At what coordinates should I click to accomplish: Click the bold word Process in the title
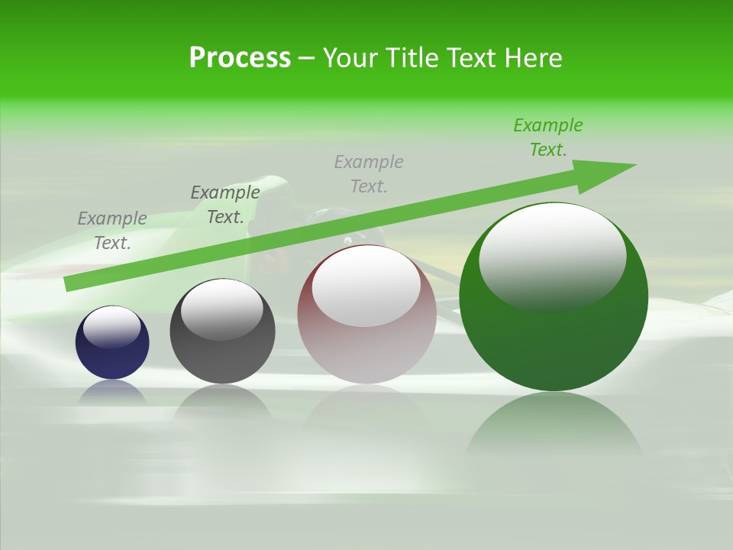240,58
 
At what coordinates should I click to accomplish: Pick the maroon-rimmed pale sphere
366,351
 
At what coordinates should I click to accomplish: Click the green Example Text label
548,137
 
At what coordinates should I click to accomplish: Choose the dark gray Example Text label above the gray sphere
225,205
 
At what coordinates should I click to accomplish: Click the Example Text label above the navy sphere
112,231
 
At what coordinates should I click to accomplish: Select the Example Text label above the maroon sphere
369,174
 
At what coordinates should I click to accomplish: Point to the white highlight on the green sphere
552,256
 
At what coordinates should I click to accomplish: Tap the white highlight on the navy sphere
112,326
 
